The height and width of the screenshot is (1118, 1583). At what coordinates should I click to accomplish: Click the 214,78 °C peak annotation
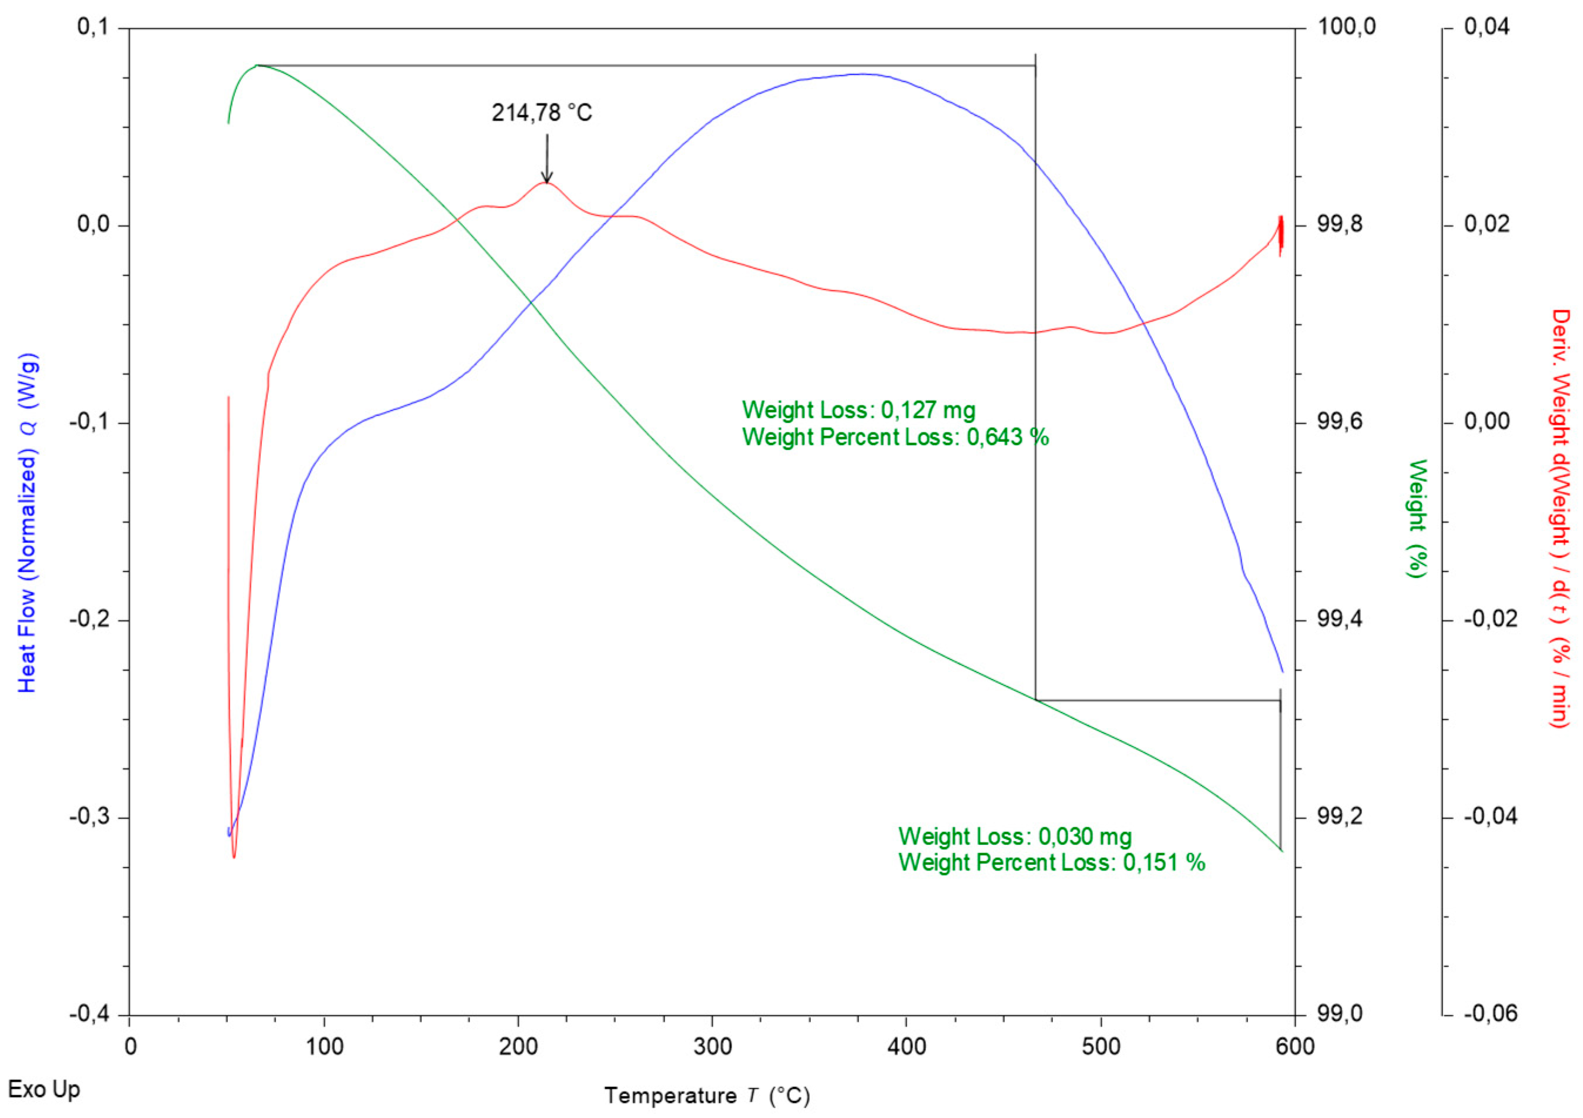coord(541,112)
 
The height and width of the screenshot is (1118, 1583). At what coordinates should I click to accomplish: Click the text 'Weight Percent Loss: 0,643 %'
coord(895,437)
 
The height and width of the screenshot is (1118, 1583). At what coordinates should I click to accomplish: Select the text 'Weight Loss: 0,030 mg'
coord(1015,837)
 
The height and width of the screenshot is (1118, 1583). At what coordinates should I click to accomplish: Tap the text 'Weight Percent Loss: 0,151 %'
coord(1051,862)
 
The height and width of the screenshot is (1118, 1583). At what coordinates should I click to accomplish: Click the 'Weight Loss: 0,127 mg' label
coord(858,411)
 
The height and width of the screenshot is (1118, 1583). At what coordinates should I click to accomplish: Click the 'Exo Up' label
coord(44,1090)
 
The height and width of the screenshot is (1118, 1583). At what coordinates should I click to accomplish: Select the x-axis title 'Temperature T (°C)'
coord(707,1096)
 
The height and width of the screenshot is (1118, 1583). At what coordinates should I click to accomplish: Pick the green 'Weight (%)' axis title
coord(1417,518)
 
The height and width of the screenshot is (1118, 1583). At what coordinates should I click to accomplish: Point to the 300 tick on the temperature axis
coord(712,1046)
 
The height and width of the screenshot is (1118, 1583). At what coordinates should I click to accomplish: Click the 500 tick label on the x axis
coord(1101,1046)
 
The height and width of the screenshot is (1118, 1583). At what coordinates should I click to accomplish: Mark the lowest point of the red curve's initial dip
coord(234,857)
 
